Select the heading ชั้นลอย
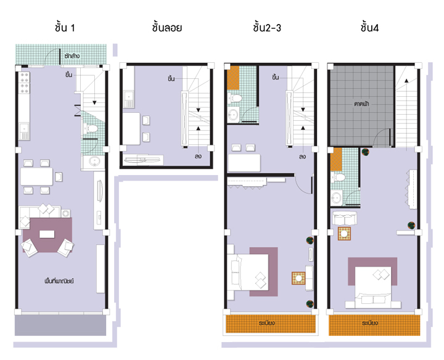click(x=166, y=28)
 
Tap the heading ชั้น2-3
click(x=269, y=28)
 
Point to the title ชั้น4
click(x=374, y=28)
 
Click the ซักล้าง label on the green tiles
click(x=72, y=56)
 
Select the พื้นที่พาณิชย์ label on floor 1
click(x=59, y=282)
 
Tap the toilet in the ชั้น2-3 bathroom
click(x=235, y=99)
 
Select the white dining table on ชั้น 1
click(x=37, y=178)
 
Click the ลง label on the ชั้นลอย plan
click(x=199, y=157)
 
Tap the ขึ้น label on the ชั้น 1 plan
click(x=69, y=75)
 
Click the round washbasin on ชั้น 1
click(x=94, y=162)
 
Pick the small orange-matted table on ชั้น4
click(x=344, y=234)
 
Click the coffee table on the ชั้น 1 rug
click(x=47, y=234)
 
